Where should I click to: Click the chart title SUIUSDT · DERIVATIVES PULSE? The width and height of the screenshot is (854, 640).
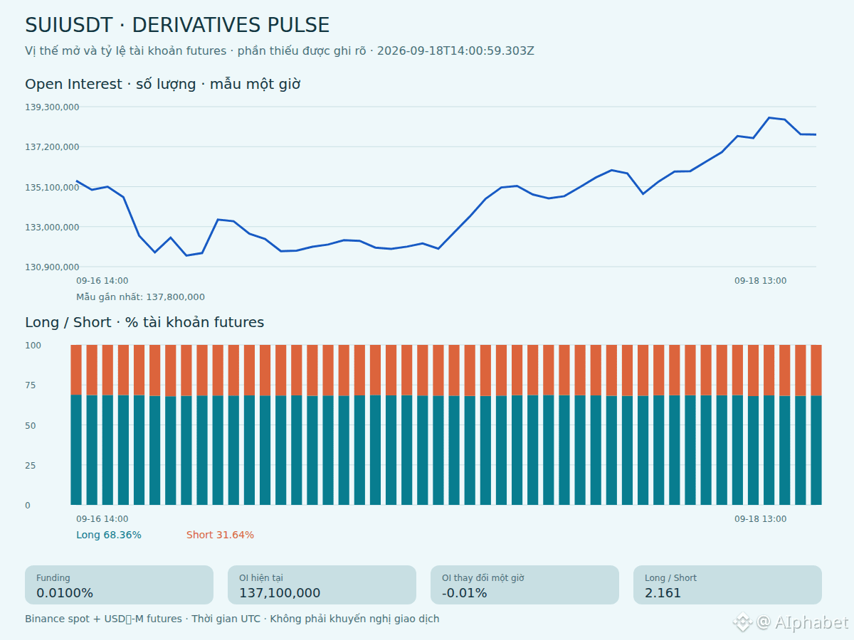click(177, 25)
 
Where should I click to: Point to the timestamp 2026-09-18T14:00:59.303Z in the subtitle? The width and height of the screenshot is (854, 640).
click(455, 51)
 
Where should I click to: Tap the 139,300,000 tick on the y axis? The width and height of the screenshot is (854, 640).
click(52, 107)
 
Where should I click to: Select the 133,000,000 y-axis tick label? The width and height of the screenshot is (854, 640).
click(52, 227)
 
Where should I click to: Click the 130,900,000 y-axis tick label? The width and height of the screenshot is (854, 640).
click(52, 267)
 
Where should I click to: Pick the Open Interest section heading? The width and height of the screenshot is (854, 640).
click(163, 85)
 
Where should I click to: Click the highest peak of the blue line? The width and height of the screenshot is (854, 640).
click(769, 117)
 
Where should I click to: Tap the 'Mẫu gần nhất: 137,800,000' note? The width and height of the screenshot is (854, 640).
click(140, 297)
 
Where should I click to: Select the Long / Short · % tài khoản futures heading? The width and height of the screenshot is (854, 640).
click(144, 323)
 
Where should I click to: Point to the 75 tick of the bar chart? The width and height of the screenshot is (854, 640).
click(31, 385)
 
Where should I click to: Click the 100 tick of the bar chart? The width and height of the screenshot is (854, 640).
click(33, 345)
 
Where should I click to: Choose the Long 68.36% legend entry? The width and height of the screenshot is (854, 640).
click(109, 535)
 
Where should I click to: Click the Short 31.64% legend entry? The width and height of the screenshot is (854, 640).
click(220, 535)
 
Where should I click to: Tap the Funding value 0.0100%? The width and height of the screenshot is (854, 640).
click(65, 592)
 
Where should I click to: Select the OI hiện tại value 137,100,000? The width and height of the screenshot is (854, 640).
click(280, 592)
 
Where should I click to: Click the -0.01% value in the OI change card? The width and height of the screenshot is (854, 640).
click(464, 592)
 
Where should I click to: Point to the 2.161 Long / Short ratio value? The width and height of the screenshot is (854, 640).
click(663, 592)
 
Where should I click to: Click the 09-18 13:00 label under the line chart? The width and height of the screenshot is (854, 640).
click(760, 281)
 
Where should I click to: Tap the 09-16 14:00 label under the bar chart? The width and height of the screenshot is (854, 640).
click(102, 519)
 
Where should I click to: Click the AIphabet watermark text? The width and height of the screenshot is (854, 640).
click(811, 622)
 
